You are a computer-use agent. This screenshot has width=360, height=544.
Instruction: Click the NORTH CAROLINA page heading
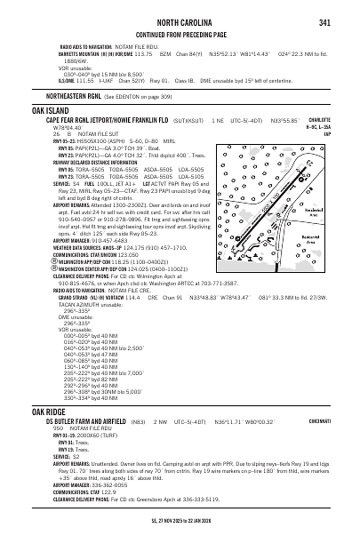point(180,22)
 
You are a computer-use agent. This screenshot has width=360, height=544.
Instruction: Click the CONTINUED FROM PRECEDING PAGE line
point(180,34)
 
